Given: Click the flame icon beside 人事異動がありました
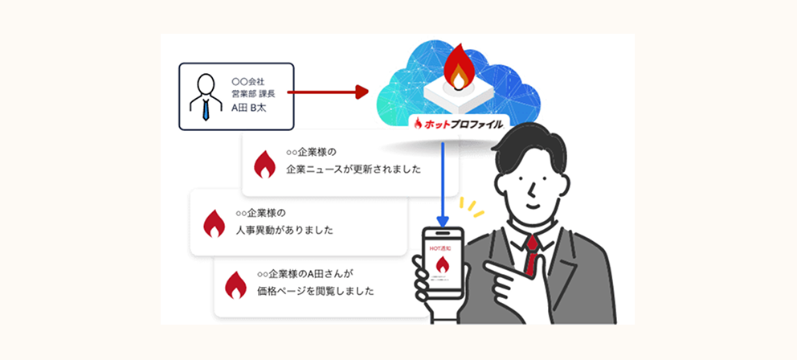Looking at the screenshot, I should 214,222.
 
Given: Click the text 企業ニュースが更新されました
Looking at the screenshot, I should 354,171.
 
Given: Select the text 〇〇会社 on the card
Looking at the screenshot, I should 247,81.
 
